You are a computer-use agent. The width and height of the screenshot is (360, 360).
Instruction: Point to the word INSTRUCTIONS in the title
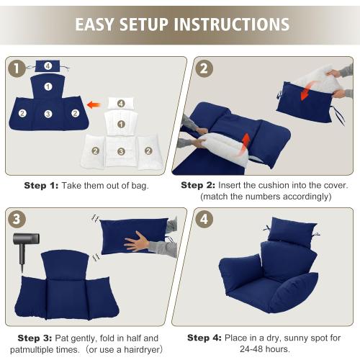(230, 24)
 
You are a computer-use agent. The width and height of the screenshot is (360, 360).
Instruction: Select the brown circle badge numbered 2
(202, 69)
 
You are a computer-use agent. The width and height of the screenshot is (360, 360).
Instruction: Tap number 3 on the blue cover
(48, 114)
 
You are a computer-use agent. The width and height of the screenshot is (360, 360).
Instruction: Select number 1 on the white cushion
(122, 125)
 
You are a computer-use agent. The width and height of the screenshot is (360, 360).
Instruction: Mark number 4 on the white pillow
(121, 103)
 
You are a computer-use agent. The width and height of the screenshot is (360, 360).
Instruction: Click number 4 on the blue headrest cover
(48, 67)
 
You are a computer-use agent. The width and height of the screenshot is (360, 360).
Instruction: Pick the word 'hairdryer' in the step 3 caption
(137, 350)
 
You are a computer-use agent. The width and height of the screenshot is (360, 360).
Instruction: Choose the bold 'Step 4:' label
(204, 337)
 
